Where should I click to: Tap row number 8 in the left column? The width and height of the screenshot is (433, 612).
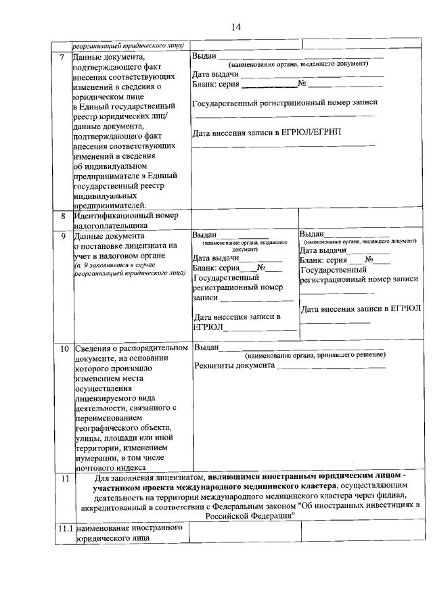[62, 216]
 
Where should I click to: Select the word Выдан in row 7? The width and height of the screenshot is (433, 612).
[204, 55]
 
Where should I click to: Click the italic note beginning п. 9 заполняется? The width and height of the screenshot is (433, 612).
[129, 270]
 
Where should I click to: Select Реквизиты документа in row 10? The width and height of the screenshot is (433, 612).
[234, 366]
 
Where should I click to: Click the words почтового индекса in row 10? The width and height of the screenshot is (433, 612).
[110, 467]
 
